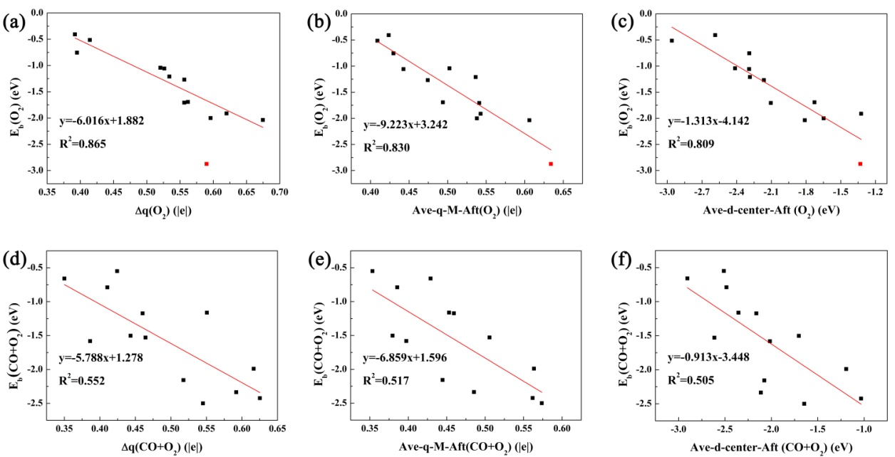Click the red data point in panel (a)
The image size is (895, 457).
click(x=207, y=164)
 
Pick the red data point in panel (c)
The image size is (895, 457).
click(x=860, y=164)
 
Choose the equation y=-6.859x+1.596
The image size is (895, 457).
click(x=405, y=357)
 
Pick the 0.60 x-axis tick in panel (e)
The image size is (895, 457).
click(x=562, y=429)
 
